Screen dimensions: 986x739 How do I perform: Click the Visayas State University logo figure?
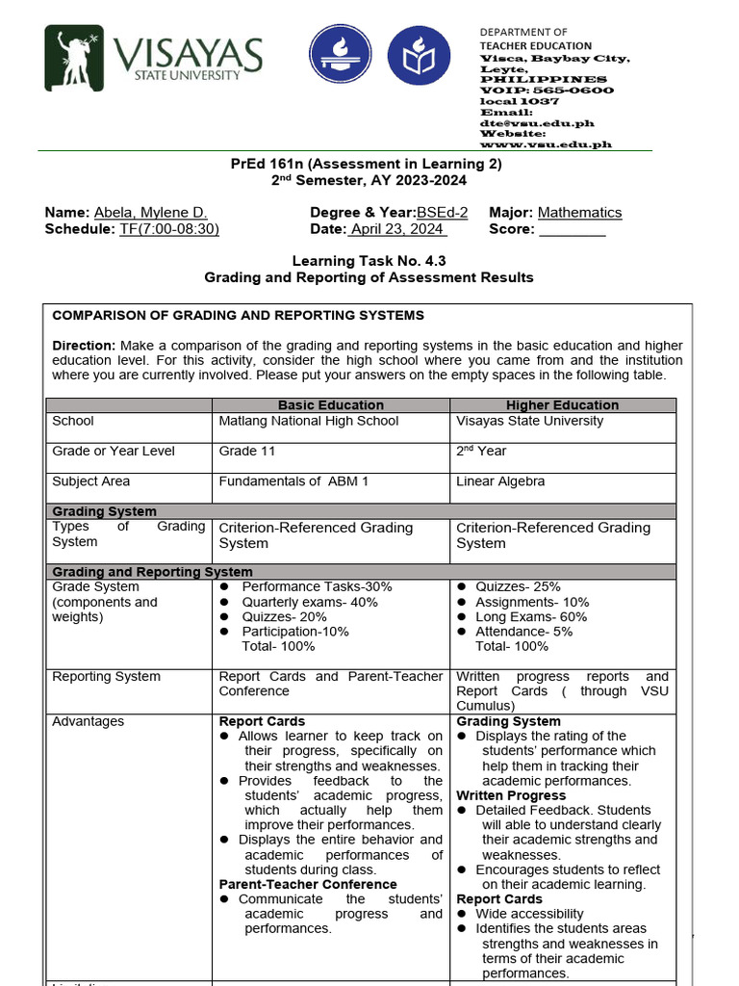[x=78, y=62]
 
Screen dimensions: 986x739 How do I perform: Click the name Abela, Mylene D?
[x=150, y=213]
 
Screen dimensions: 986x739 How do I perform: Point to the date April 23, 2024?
[x=397, y=229]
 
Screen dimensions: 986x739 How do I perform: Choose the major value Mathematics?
[x=579, y=213]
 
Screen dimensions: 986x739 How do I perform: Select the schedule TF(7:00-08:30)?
[x=169, y=229]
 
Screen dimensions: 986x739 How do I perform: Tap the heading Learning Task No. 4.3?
[x=369, y=261]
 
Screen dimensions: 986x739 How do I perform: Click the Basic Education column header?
[x=330, y=405]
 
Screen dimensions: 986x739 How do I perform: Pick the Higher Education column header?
[x=562, y=405]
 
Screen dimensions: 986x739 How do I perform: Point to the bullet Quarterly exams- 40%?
[x=309, y=602]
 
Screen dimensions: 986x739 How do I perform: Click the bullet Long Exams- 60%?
[x=531, y=617]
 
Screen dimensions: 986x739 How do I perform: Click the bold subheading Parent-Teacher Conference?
[x=308, y=884]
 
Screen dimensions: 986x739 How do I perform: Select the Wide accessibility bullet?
[x=529, y=914]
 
